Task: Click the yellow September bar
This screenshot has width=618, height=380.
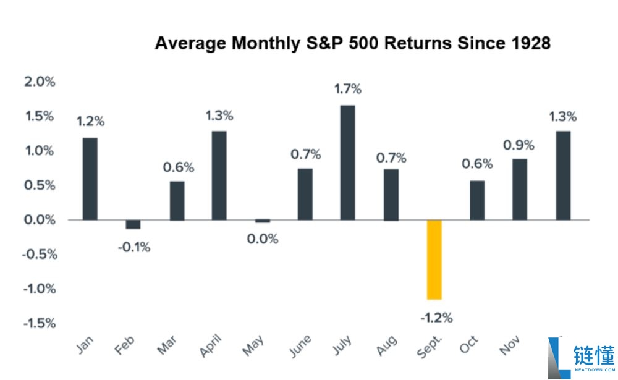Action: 434,260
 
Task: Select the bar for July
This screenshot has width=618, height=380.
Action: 348,163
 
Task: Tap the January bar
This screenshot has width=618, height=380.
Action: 90,179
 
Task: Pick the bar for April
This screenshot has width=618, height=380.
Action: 219,175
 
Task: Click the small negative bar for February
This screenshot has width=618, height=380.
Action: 133,224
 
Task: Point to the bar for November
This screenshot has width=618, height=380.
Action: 520,190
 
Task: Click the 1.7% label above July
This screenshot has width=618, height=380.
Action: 347,89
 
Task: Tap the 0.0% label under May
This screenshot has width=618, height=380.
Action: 262,239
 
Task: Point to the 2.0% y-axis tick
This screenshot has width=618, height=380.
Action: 40,82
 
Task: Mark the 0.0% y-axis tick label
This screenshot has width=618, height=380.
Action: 40,220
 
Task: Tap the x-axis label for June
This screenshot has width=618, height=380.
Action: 301,348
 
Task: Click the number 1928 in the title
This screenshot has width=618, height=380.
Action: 526,44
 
